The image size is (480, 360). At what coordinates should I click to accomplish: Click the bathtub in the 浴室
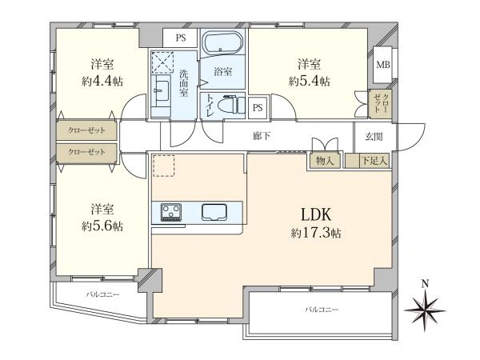[x=223, y=43]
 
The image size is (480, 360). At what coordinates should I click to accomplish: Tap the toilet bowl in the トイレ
[x=230, y=106]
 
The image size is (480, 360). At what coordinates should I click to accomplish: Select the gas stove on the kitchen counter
[x=171, y=212]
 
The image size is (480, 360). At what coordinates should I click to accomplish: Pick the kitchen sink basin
[x=214, y=212]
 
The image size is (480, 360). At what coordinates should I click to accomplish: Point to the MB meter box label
[x=383, y=65]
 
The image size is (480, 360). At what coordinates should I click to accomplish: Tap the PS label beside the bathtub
[x=181, y=38]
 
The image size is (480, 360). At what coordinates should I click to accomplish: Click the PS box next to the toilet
[x=258, y=107]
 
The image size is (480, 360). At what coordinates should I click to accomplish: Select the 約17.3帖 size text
[x=316, y=234]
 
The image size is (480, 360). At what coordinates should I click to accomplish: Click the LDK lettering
[x=316, y=214]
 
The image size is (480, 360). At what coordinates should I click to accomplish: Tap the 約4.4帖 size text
[x=102, y=82]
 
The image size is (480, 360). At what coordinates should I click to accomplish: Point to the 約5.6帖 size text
[x=102, y=226]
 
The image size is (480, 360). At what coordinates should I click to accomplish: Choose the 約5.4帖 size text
[x=309, y=82]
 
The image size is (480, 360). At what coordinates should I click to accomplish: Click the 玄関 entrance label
[x=374, y=137]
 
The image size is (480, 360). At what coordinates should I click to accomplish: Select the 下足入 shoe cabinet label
[x=374, y=161]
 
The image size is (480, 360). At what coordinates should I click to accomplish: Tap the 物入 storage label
[x=325, y=161]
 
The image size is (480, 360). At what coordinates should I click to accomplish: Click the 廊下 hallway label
[x=262, y=136]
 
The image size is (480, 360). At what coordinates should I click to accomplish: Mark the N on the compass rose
[x=425, y=284]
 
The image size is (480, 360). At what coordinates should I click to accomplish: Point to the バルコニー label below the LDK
[x=322, y=310]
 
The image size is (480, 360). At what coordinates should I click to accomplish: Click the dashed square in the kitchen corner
[x=164, y=166]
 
